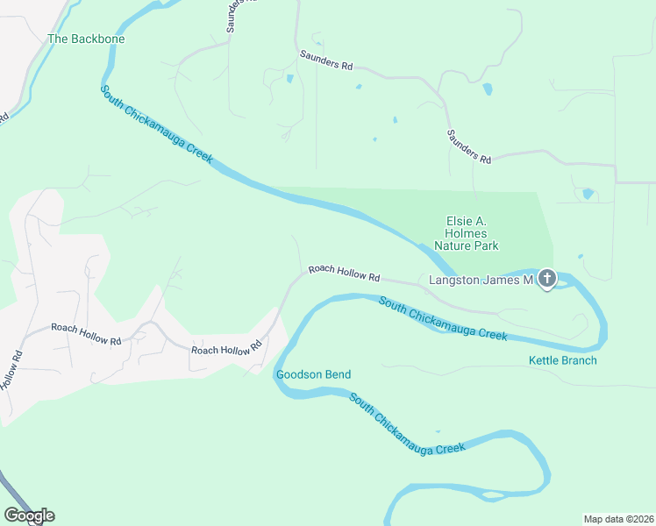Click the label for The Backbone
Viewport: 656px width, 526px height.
point(86,39)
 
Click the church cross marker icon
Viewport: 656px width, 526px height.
point(546,280)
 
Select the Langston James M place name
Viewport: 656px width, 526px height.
point(481,281)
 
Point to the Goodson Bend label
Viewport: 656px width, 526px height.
point(313,375)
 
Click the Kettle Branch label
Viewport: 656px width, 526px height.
point(562,360)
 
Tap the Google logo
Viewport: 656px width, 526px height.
point(29,515)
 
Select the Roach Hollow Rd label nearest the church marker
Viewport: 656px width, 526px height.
point(343,274)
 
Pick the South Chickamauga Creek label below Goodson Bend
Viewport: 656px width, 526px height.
point(406,423)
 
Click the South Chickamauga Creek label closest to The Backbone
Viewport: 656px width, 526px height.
point(156,123)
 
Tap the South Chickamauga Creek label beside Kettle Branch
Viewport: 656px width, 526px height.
point(443,319)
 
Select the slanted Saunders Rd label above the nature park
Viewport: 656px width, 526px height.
point(469,146)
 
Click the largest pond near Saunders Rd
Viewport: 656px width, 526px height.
point(487,89)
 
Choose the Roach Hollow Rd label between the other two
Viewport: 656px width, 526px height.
point(226,348)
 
